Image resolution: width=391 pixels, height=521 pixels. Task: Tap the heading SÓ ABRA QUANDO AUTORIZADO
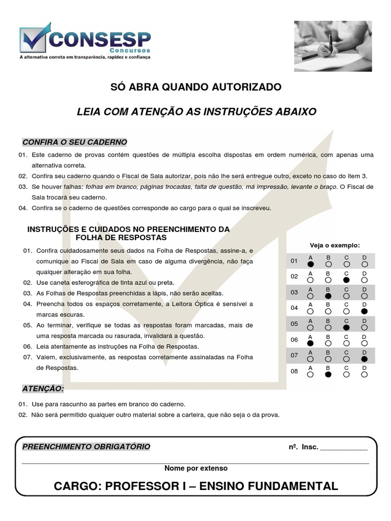click(x=196, y=87)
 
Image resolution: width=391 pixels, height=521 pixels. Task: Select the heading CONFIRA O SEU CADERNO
click(x=75, y=142)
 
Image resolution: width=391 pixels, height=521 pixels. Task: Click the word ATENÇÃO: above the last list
click(x=43, y=389)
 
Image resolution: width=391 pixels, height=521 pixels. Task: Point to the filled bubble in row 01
click(x=311, y=264)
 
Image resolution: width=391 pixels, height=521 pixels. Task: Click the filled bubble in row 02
click(x=346, y=280)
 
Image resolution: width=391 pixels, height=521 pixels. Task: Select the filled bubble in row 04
click(x=364, y=311)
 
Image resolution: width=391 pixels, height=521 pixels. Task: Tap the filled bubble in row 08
click(x=328, y=374)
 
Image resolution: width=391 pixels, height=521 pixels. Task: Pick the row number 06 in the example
click(x=294, y=340)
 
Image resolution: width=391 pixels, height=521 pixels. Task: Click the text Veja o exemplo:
click(x=334, y=245)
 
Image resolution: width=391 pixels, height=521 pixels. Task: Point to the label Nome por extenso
click(x=196, y=468)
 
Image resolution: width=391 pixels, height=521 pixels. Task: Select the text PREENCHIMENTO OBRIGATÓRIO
click(x=87, y=447)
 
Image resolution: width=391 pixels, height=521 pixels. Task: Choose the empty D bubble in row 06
click(x=364, y=343)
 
